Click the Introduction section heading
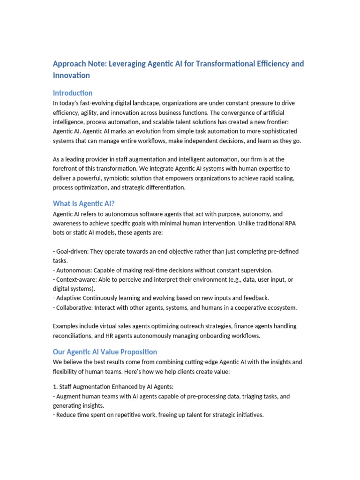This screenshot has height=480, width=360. (x=73, y=93)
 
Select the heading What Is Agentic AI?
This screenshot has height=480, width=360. (x=83, y=203)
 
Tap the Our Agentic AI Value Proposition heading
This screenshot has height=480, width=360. (x=105, y=352)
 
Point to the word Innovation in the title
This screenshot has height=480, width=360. (x=71, y=75)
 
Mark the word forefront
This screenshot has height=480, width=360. (x=67, y=169)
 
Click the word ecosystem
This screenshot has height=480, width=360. (x=280, y=307)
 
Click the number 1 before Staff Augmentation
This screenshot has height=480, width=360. (x=55, y=387)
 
